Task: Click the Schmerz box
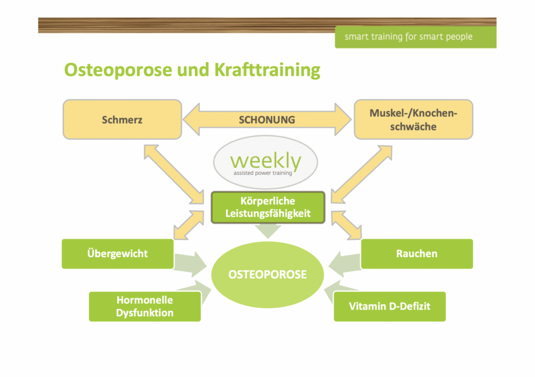point(122,119)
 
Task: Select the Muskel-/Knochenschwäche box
point(413,119)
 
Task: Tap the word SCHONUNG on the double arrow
point(267,119)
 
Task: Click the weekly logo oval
point(265,163)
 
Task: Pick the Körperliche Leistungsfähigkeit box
point(267,207)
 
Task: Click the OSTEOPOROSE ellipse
point(267,274)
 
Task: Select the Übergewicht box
point(118,254)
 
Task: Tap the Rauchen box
point(416,254)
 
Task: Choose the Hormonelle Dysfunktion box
point(145,307)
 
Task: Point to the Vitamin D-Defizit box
point(390,307)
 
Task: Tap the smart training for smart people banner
point(415,37)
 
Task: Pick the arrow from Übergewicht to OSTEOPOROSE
point(191,262)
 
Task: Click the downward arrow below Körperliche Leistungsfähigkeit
point(267,231)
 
